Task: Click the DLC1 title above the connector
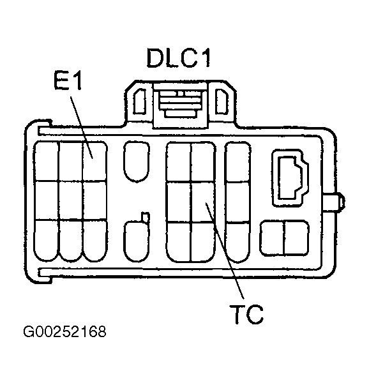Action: point(178,59)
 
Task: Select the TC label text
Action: point(246,315)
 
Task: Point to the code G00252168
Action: point(64,333)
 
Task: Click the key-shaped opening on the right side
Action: point(289,178)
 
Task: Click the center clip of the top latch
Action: point(180,102)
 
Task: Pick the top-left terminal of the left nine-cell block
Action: point(46,161)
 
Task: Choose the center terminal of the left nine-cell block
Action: point(70,200)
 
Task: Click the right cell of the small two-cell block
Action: point(297,237)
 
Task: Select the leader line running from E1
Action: point(80,125)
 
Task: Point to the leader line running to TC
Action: point(223,255)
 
